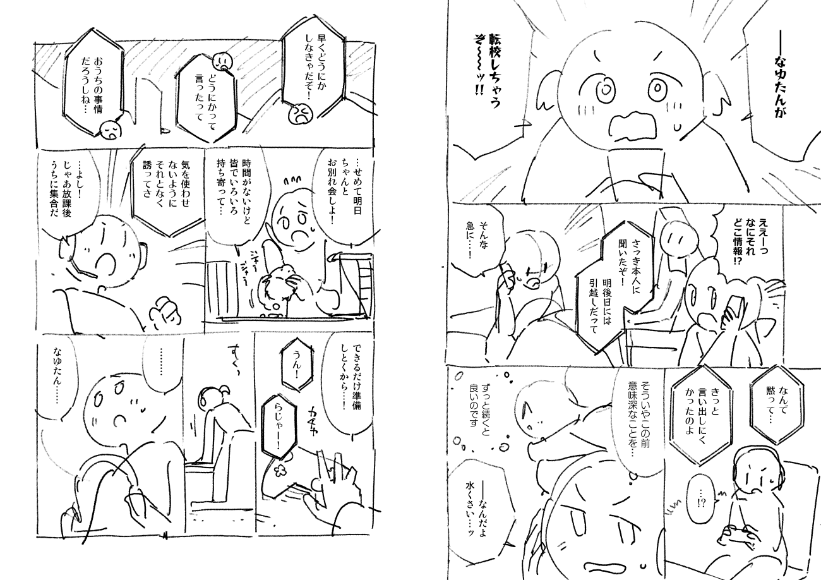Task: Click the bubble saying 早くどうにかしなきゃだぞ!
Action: pos(314,67)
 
